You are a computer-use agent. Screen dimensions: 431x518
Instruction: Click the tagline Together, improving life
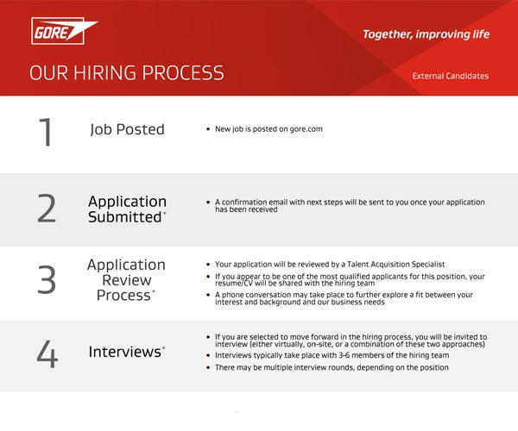point(426,34)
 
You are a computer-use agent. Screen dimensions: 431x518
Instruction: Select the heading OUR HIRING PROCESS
point(126,73)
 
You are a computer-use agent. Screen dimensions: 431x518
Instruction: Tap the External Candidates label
point(451,76)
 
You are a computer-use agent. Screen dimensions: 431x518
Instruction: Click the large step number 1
point(46,132)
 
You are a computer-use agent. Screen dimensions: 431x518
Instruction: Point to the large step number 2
point(47,209)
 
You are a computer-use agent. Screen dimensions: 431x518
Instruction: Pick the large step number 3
point(47,280)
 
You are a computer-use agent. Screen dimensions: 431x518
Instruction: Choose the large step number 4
point(47,353)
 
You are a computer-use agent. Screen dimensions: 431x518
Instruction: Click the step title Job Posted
point(127,130)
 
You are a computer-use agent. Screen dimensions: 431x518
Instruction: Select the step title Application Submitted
point(127,209)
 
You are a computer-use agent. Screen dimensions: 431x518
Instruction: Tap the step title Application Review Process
point(126,280)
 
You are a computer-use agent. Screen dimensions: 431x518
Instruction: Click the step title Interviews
point(126,353)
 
